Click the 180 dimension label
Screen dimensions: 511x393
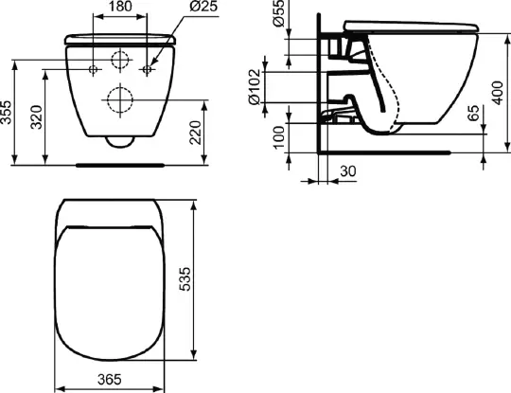pyautogui.click(x=120, y=7)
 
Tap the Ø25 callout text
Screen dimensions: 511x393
pyautogui.click(x=203, y=7)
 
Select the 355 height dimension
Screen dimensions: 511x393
pyautogui.click(x=6, y=112)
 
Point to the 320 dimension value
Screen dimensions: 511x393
pyautogui.click(x=37, y=116)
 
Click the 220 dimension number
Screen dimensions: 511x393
pyautogui.click(x=196, y=132)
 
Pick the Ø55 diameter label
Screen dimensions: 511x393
pyautogui.click(x=279, y=13)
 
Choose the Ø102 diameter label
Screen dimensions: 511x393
pyautogui.click(x=255, y=87)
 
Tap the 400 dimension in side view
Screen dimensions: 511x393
pyautogui.click(x=498, y=93)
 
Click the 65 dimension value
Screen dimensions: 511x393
pyautogui.click(x=473, y=113)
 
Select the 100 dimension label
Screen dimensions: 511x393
pyautogui.click(x=279, y=137)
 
